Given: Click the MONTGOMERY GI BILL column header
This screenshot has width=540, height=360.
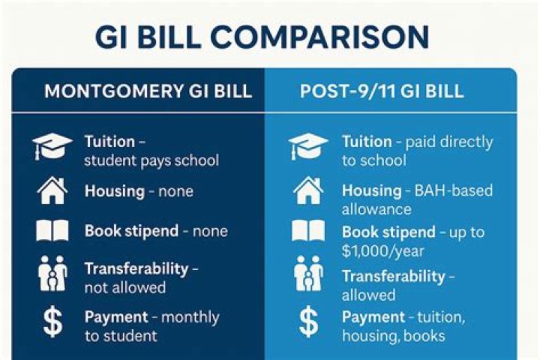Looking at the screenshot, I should click(148, 92).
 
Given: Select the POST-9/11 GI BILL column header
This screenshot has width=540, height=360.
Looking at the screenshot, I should click(382, 92).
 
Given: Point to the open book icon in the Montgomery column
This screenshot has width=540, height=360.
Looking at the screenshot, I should click(52, 231).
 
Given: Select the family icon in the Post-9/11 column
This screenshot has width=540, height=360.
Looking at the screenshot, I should click(308, 276).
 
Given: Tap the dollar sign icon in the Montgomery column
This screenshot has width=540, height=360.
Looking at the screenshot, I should click(52, 322).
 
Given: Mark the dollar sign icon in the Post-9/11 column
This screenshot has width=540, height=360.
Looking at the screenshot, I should click(308, 322).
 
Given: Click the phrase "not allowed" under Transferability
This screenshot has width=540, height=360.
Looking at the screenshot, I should click(125, 287).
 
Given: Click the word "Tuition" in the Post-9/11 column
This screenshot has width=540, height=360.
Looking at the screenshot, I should click(367, 142).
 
